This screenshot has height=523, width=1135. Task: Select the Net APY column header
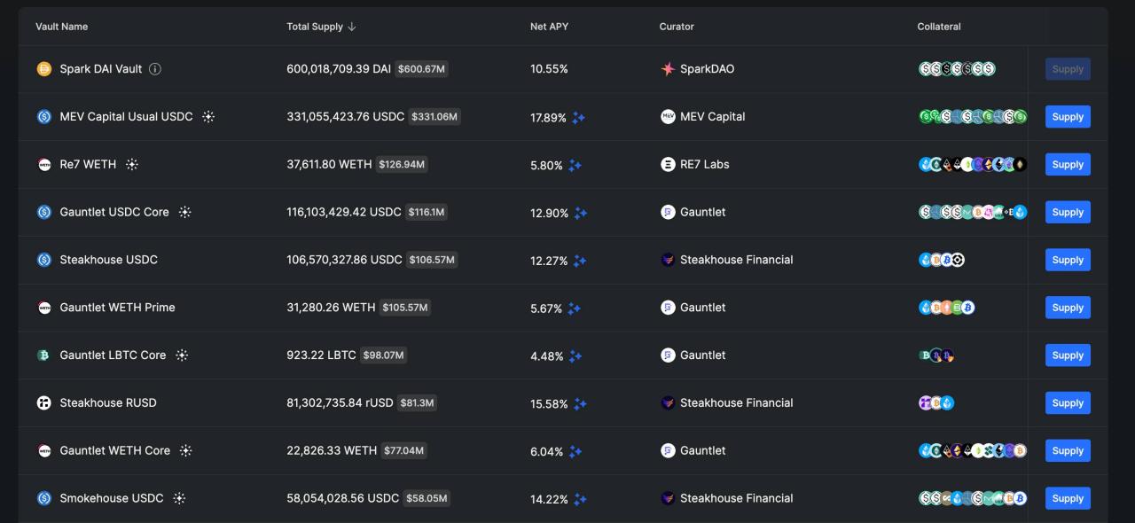pos(549,27)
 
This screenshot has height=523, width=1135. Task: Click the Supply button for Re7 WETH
pos(1068,164)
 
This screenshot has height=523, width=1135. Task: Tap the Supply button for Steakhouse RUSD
pos(1068,402)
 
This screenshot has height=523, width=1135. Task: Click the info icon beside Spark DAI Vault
pos(155,69)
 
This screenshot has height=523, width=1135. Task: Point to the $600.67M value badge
pos(421,69)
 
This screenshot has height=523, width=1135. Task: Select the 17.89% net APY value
pos(548,118)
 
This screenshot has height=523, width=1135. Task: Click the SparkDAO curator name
pos(707,69)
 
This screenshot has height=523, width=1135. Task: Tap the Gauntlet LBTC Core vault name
pos(113,355)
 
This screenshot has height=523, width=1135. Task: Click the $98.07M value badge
pos(383,355)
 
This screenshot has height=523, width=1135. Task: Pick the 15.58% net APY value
pos(549,404)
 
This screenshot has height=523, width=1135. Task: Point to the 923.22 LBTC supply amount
pos(321,355)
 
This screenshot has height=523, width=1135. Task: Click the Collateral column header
pos(939,27)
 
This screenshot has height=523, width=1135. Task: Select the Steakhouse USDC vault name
pos(108,260)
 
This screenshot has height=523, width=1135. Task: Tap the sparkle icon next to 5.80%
pos(575,166)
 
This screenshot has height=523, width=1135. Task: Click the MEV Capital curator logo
pos(668,116)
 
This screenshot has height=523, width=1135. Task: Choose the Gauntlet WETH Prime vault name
pos(117,308)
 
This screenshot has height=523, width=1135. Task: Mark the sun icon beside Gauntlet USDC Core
pos(184,213)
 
